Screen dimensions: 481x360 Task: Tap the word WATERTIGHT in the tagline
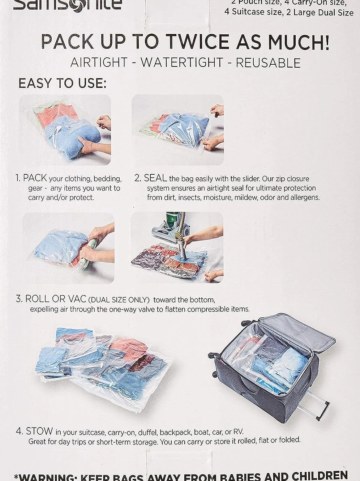click(x=182, y=63)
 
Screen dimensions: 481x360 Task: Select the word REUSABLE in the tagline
click(x=268, y=63)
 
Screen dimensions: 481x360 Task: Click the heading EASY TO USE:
click(x=62, y=83)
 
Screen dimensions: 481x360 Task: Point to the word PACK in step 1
click(x=35, y=178)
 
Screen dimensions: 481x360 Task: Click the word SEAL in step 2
click(x=155, y=178)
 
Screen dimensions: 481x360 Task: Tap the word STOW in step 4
click(x=39, y=431)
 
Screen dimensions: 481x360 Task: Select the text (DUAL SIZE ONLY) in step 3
click(x=119, y=300)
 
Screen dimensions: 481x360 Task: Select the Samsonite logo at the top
click(x=67, y=4)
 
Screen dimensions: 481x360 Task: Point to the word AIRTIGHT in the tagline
click(x=99, y=63)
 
